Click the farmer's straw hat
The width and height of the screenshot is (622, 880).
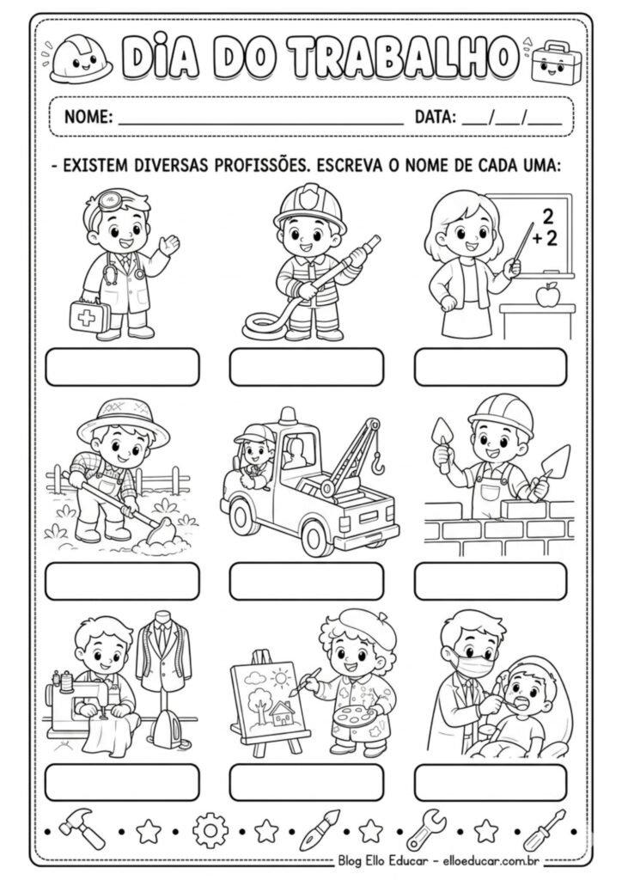tap(125, 419)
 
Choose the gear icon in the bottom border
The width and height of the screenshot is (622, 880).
tap(210, 831)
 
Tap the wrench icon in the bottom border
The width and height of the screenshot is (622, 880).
tap(425, 830)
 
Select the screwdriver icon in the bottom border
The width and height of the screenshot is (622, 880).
tap(544, 830)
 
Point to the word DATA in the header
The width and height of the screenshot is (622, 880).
tap(435, 118)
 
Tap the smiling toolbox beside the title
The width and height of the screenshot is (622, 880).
tap(552, 61)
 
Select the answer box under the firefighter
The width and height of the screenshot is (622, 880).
tap(307, 367)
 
